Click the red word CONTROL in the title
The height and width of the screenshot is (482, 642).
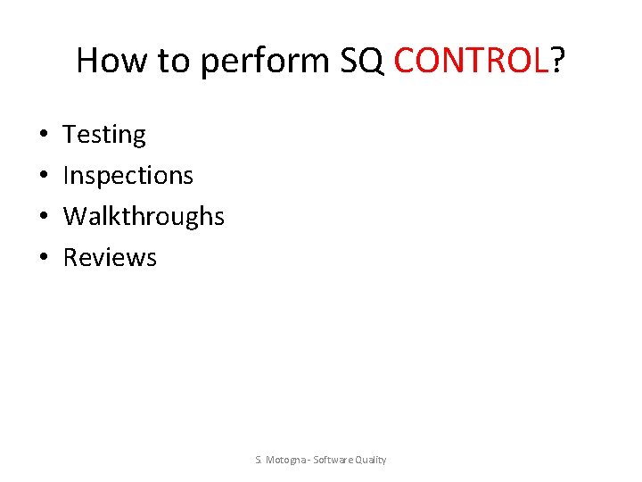(x=470, y=61)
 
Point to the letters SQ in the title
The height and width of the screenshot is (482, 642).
(x=362, y=61)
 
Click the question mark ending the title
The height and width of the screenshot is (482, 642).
(x=557, y=61)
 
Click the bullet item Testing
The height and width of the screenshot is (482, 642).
(x=104, y=135)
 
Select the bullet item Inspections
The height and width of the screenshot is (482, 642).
(x=128, y=176)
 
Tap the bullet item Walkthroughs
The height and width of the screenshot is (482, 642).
(x=144, y=217)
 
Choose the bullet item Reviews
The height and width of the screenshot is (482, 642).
(x=110, y=258)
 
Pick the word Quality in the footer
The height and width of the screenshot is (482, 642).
(x=370, y=460)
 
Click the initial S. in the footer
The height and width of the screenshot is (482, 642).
(x=258, y=460)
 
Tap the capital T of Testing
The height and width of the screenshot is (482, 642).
(x=70, y=135)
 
